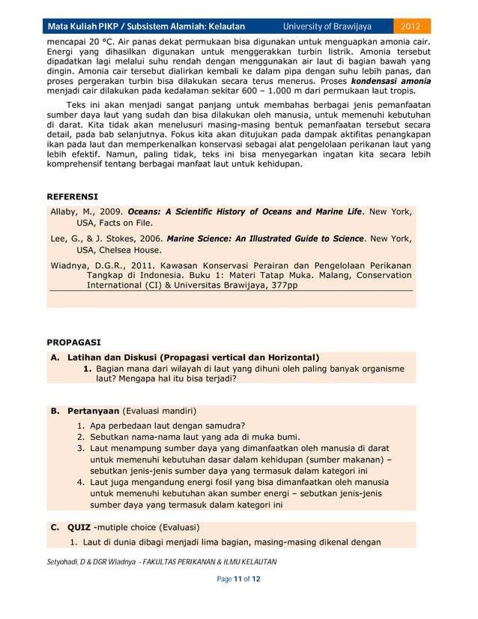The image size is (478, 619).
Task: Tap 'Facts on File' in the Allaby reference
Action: [x=127, y=223]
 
